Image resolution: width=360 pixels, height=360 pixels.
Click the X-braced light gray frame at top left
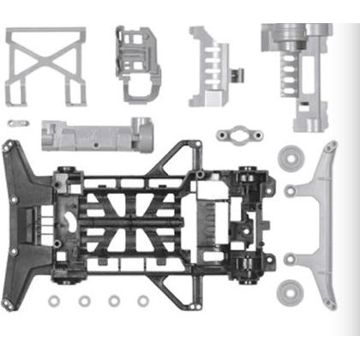46,66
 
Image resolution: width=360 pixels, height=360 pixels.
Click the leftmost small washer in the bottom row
54,302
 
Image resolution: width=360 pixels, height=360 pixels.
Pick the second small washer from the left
84,302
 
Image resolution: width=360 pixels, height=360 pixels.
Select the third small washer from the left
114,302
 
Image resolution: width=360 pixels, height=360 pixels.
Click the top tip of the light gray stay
331,147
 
